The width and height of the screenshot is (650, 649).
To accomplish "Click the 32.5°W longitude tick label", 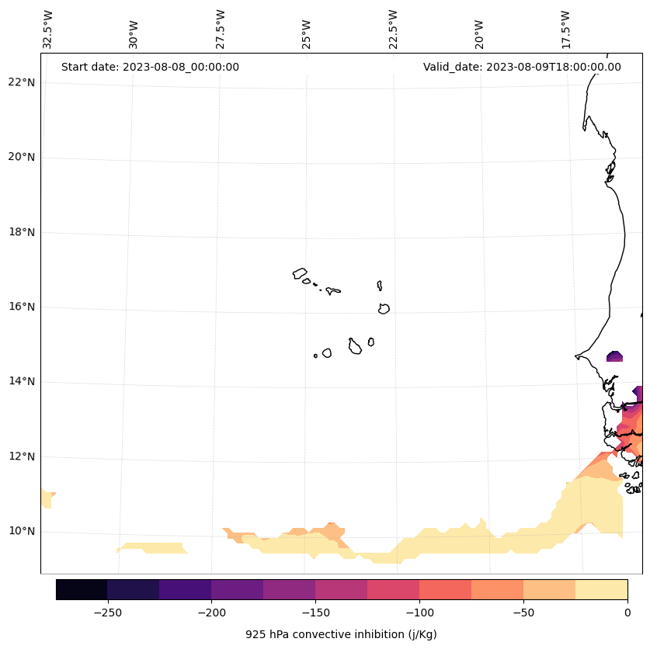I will click(48, 29).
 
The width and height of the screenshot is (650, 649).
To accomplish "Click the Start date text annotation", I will click(150, 67).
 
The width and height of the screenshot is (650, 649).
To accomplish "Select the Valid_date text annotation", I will click(522, 67).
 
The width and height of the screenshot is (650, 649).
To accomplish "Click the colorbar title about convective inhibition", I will click(341, 634).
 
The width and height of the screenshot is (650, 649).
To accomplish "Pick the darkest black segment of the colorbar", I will click(82, 589).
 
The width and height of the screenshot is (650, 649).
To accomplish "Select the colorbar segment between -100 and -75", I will click(445, 589).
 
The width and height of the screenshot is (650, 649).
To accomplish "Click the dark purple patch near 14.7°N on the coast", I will click(614, 356).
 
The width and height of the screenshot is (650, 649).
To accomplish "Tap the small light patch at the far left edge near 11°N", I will click(47, 498).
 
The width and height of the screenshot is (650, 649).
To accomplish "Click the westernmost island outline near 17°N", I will click(300, 273).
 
